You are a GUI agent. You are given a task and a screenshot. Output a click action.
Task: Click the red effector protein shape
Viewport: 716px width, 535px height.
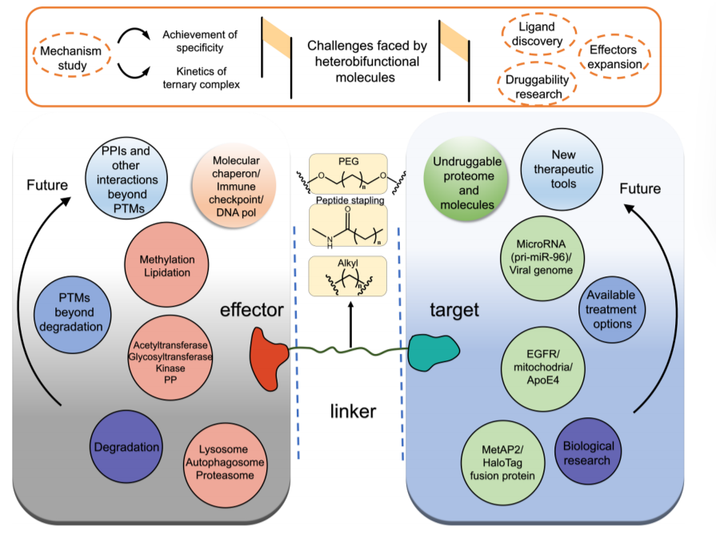269,359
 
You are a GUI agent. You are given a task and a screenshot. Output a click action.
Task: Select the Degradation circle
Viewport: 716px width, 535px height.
126,447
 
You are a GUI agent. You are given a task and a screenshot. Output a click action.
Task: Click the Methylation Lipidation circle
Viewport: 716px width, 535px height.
166,265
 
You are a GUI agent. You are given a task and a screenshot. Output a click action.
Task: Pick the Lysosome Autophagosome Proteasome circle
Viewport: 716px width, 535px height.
225,463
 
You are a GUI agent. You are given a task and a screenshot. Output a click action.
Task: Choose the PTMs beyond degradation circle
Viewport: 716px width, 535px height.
72,315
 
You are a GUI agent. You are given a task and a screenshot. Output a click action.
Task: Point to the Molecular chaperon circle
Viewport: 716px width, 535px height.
234,186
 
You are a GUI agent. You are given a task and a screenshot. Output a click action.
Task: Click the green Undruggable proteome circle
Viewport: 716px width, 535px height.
466,179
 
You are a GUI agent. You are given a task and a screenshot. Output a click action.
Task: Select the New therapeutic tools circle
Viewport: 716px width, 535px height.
562,169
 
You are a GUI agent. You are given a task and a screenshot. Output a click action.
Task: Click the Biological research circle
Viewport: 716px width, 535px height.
588,452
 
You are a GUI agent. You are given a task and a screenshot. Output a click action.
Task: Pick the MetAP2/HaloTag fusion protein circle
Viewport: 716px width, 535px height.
502,463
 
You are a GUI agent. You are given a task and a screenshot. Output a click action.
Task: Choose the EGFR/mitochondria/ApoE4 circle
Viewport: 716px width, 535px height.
543,368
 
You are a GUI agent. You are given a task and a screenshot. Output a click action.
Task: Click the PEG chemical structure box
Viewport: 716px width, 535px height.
349,175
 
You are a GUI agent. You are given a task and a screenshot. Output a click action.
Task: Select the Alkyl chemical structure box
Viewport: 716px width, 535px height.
348,276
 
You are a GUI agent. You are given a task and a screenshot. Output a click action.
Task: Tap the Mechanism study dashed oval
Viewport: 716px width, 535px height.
72,55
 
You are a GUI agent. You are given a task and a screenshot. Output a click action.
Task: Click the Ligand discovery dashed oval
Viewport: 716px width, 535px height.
539,34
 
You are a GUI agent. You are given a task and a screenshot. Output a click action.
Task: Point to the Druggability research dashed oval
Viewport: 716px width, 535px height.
537,84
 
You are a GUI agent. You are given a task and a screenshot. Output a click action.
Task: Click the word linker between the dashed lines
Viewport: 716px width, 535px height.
353,412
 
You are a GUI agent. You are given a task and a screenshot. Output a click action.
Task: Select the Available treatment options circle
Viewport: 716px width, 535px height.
612,310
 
